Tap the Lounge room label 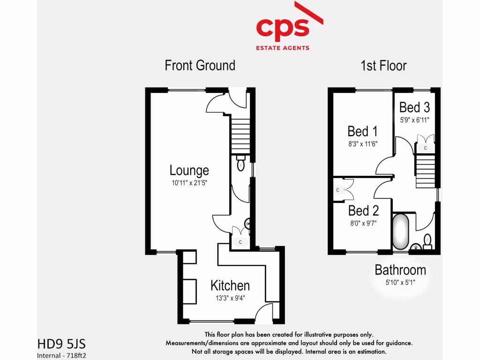point(189,170)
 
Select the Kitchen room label point(230,285)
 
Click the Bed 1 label point(362,131)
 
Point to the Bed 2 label point(363,210)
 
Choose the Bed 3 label point(414,107)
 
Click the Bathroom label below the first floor point(400,270)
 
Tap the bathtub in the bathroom point(401,232)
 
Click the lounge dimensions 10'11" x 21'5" point(189,183)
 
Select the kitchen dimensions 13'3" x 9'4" point(230,298)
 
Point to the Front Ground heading point(200,65)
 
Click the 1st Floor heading point(383,66)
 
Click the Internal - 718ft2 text point(62,355)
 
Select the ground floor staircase point(240,133)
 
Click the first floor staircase point(426,171)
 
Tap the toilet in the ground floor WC point(241,165)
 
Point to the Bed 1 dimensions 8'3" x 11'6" point(362,144)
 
